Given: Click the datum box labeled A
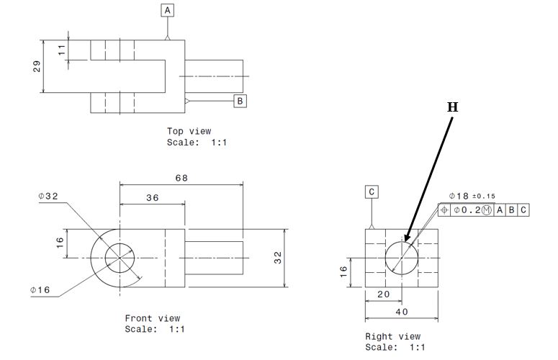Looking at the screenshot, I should [x=168, y=11].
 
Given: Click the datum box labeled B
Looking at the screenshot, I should [x=240, y=101].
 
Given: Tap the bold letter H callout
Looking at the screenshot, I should [x=452, y=107].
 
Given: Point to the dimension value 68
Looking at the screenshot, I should [x=181, y=177].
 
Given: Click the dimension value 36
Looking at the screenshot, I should [x=152, y=198].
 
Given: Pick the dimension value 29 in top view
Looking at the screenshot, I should [x=37, y=66].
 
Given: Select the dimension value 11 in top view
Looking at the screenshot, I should [x=61, y=50].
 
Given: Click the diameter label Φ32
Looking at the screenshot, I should [x=49, y=196].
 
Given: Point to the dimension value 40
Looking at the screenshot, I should [x=400, y=312].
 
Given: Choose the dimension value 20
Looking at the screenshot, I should [x=382, y=294].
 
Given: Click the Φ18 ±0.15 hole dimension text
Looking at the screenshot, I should [x=471, y=196].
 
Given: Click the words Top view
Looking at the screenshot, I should [x=189, y=131].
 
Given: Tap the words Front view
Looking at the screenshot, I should [x=153, y=318].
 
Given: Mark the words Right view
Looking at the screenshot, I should [x=392, y=336].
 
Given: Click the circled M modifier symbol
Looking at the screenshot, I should [x=487, y=210].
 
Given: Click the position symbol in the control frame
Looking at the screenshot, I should [x=444, y=210].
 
